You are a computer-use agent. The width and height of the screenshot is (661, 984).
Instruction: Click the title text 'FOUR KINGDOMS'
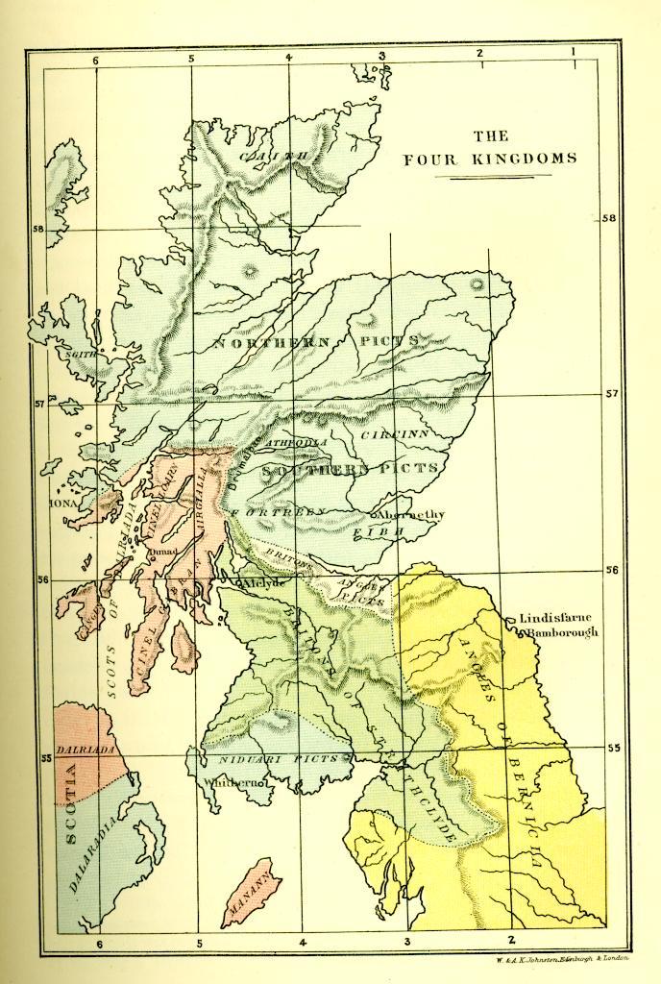pyautogui.click(x=490, y=159)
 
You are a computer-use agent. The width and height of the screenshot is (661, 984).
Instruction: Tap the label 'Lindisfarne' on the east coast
pyautogui.click(x=556, y=619)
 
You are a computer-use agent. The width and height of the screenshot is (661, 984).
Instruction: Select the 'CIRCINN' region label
pyautogui.click(x=394, y=435)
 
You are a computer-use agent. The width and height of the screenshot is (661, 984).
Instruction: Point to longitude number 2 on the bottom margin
pyautogui.click(x=511, y=939)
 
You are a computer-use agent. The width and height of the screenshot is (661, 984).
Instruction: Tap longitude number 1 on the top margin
pyautogui.click(x=574, y=51)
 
